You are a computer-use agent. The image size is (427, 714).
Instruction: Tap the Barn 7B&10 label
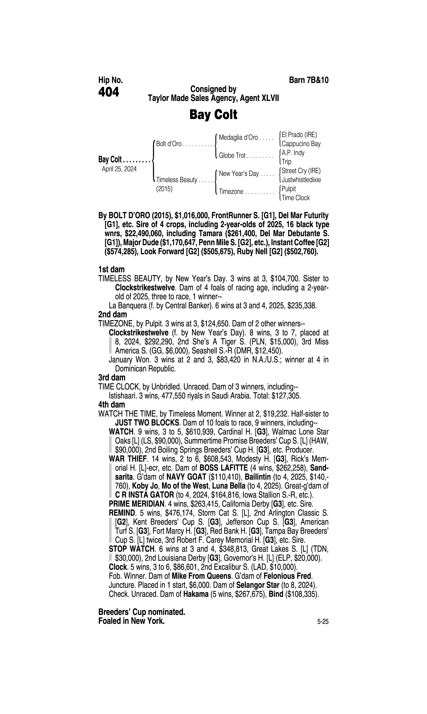click(x=308, y=80)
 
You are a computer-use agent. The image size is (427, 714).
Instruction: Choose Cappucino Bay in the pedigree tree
click(x=301, y=144)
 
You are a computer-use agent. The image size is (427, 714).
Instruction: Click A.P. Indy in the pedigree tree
click(x=293, y=153)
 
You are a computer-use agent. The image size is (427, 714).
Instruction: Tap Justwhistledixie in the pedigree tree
click(x=301, y=180)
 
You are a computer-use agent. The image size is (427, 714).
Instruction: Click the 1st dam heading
click(x=111, y=270)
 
